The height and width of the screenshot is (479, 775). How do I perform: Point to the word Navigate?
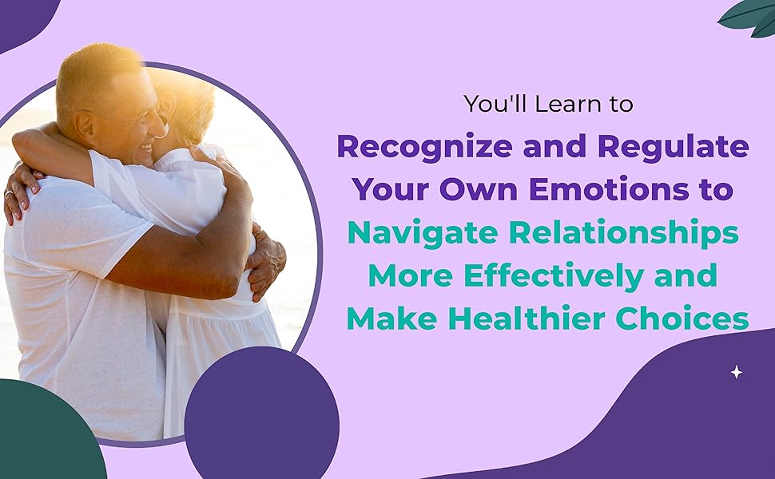point(415,233)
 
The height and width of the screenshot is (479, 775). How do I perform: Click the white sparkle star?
point(736,372)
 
